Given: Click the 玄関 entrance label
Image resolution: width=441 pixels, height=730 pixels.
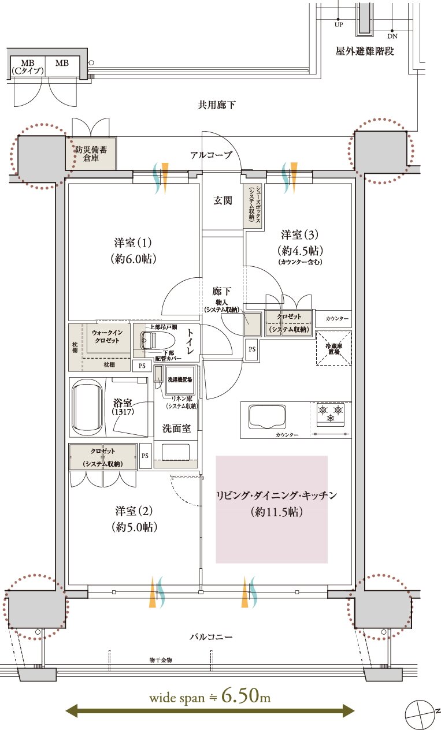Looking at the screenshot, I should click(x=223, y=200).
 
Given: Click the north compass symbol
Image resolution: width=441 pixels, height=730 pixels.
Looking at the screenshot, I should click(x=420, y=714).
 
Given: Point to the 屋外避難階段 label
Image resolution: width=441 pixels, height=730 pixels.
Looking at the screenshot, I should click(x=365, y=51).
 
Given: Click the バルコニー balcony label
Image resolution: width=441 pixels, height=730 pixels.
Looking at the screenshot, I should click(x=211, y=637).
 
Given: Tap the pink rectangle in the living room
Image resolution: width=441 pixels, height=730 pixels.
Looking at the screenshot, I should click(x=272, y=509).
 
